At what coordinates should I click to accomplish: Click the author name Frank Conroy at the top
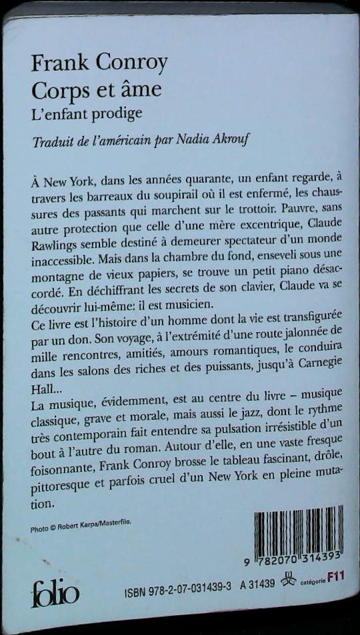(x=99, y=65)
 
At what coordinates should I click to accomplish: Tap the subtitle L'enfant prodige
(x=87, y=113)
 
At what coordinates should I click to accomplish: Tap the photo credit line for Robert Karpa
(x=81, y=528)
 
